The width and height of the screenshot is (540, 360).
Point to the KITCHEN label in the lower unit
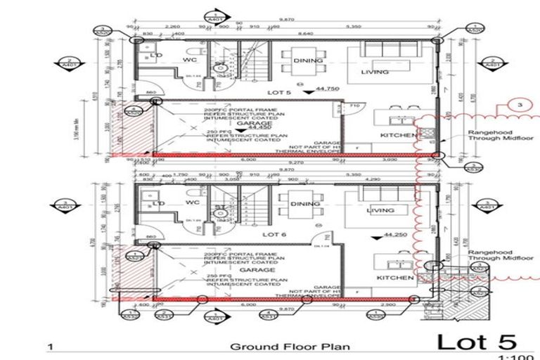coord(394,278)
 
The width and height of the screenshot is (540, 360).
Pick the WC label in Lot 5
coord(189,60)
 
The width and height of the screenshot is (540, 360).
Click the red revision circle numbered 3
coord(519,105)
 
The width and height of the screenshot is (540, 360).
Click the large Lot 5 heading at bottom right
coord(476,342)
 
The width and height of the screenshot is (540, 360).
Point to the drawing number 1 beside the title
coord(49,347)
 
